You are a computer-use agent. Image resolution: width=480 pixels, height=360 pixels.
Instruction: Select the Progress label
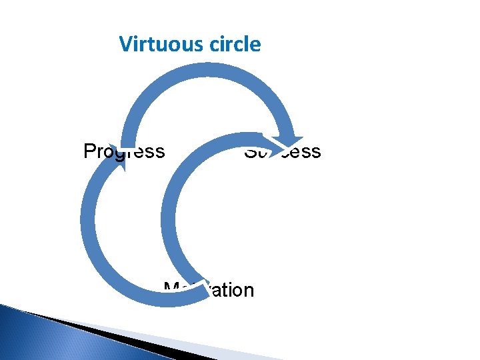[124, 151]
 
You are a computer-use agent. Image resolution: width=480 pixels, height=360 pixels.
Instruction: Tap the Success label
[282, 151]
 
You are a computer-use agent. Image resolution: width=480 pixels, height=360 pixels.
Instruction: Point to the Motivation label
[209, 291]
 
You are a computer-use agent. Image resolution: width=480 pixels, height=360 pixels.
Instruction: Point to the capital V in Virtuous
[125, 45]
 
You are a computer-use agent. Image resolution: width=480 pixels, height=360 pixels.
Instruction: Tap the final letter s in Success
[316, 152]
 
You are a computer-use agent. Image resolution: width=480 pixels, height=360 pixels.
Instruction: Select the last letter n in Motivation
[248, 291]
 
